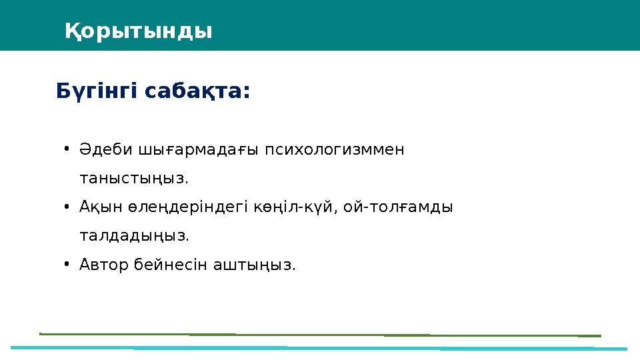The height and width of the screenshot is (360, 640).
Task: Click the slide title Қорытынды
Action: tap(139, 31)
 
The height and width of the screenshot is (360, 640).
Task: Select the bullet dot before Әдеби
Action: tap(67, 149)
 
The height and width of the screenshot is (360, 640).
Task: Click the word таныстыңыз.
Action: tap(134, 179)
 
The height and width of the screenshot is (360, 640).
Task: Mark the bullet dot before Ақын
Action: tap(67, 207)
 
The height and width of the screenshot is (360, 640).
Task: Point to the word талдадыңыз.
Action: tap(134, 236)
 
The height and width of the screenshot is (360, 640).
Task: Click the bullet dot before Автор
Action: tap(67, 265)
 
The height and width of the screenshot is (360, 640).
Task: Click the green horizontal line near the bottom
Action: tap(320, 335)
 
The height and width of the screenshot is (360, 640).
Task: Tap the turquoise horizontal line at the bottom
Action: tap(320, 348)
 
